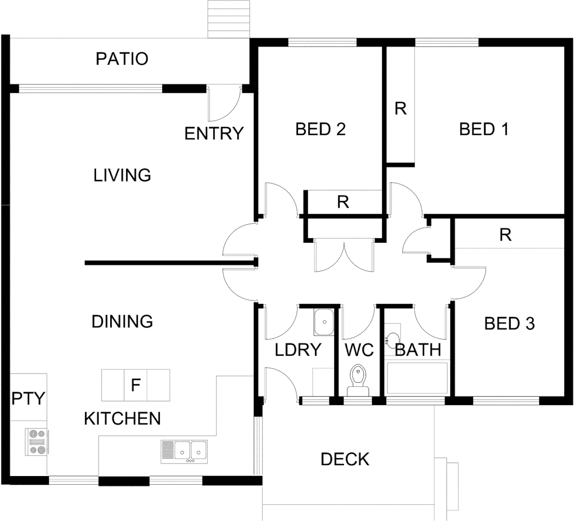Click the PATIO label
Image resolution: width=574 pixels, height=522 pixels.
[x=122, y=59]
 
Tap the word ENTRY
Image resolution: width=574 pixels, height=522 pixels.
[x=214, y=133]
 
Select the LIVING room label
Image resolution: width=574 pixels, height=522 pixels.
[x=122, y=175]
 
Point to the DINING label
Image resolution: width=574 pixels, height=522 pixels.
[x=122, y=321]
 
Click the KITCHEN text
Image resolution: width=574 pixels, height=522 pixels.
[x=122, y=419]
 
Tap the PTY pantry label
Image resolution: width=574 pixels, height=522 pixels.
[x=28, y=399]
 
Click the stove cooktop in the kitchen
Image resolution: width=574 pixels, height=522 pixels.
[x=36, y=442]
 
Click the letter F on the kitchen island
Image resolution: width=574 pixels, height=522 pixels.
[x=136, y=385]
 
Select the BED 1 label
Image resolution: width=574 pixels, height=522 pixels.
[x=484, y=130]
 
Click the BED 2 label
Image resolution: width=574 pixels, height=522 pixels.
[x=320, y=130]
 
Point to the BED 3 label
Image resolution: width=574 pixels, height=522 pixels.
[x=509, y=324]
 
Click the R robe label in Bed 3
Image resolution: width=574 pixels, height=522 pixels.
[x=505, y=235]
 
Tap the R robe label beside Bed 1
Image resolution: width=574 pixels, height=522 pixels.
[x=400, y=109]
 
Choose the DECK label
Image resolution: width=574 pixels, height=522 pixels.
[x=345, y=459]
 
